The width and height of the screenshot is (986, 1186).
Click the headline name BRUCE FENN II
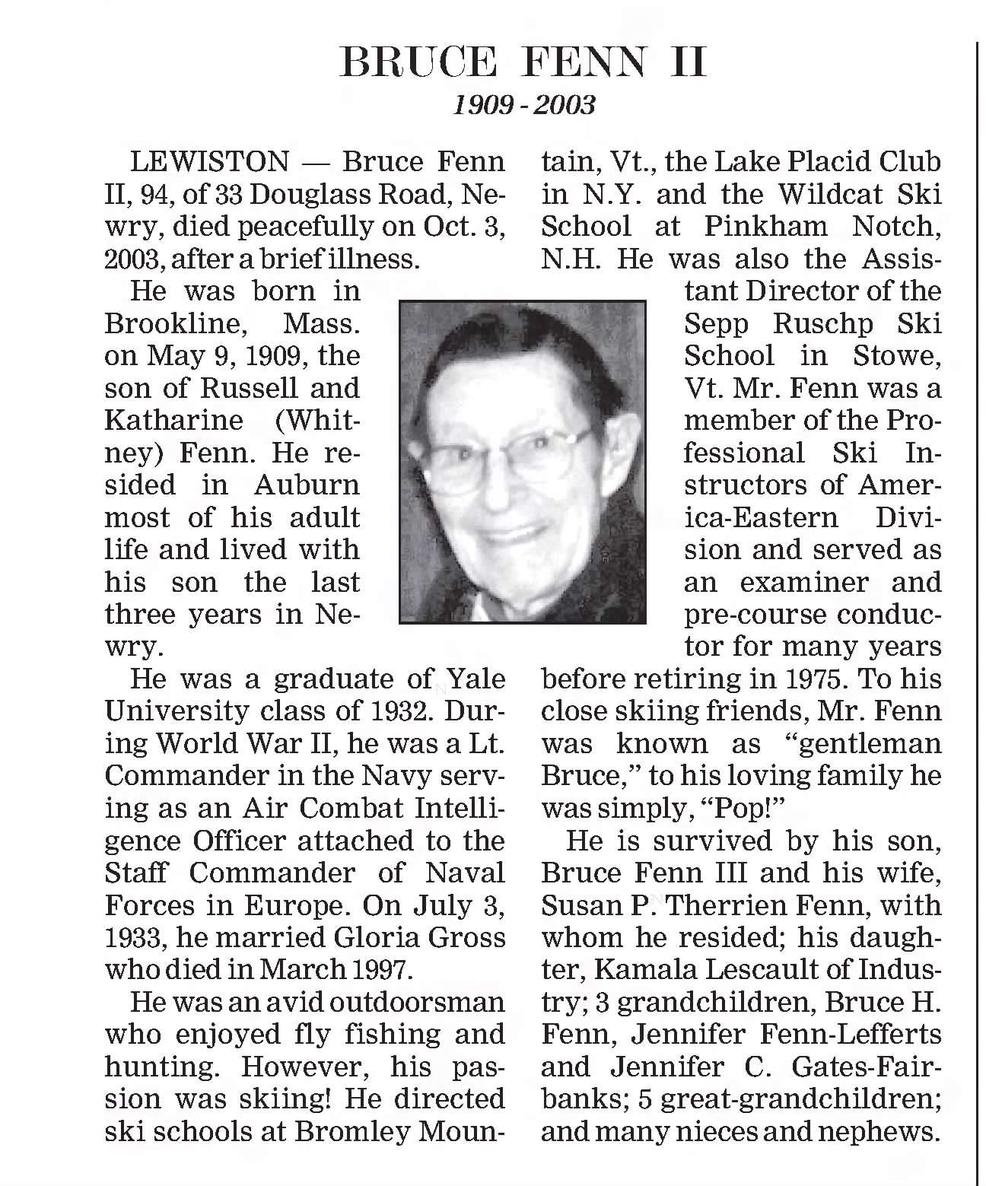point(523,62)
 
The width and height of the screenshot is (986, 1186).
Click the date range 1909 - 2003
point(523,104)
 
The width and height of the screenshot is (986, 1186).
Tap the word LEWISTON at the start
point(210,162)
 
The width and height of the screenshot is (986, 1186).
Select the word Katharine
point(174,421)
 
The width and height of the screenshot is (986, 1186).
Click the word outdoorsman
point(416,1002)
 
